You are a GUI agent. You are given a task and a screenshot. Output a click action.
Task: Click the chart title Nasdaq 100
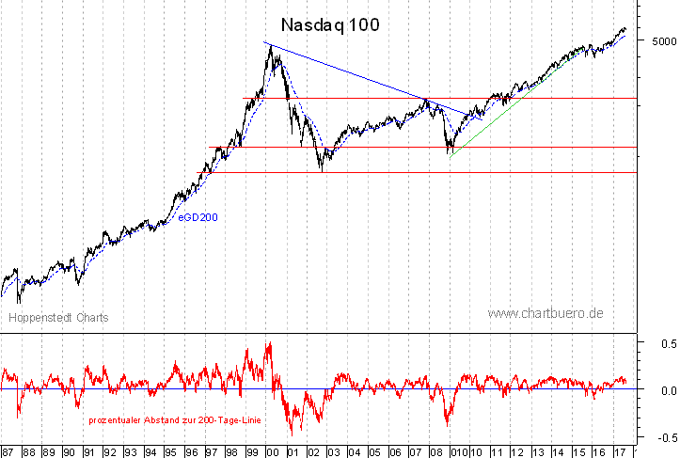click(x=331, y=25)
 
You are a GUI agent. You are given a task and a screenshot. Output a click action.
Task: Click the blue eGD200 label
click(x=199, y=218)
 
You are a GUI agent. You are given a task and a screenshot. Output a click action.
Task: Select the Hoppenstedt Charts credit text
click(x=58, y=318)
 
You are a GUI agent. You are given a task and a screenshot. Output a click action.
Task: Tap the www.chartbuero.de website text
click(x=546, y=312)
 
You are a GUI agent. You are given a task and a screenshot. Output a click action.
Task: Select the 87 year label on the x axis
click(x=8, y=450)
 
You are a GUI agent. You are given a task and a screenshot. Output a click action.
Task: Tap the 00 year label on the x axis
click(x=273, y=450)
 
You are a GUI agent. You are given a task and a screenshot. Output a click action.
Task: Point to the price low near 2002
click(x=322, y=169)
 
